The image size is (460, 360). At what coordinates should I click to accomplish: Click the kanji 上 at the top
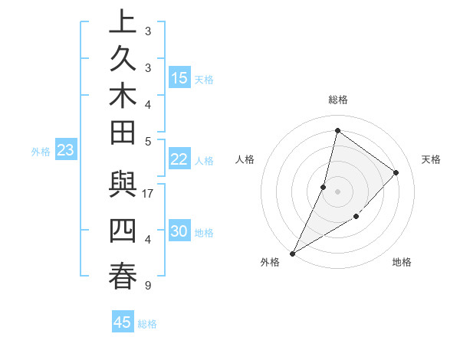pyautogui.click(x=123, y=22)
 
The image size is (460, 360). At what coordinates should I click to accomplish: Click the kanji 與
pyautogui.click(x=123, y=186)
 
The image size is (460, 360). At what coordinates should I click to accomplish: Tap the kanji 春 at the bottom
pyautogui.click(x=123, y=277)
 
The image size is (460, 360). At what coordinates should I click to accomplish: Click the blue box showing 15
pyautogui.click(x=179, y=78)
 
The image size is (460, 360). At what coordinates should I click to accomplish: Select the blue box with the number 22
pyautogui.click(x=179, y=159)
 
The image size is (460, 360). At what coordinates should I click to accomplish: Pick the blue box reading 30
pyautogui.click(x=179, y=231)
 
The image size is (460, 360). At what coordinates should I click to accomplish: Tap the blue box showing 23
pyautogui.click(x=65, y=151)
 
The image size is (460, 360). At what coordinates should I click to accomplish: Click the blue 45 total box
pyautogui.click(x=123, y=322)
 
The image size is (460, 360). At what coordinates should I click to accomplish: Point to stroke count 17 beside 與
pyautogui.click(x=148, y=194)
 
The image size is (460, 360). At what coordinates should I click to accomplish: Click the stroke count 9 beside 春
pyautogui.click(x=148, y=286)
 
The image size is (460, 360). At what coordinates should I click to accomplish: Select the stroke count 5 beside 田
pyautogui.click(x=148, y=141)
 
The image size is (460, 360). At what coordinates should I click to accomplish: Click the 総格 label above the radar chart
pyautogui.click(x=337, y=100)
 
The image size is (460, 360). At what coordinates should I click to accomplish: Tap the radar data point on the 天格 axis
pyautogui.click(x=396, y=172)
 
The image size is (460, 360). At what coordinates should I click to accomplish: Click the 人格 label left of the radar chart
pyautogui.click(x=245, y=159)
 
